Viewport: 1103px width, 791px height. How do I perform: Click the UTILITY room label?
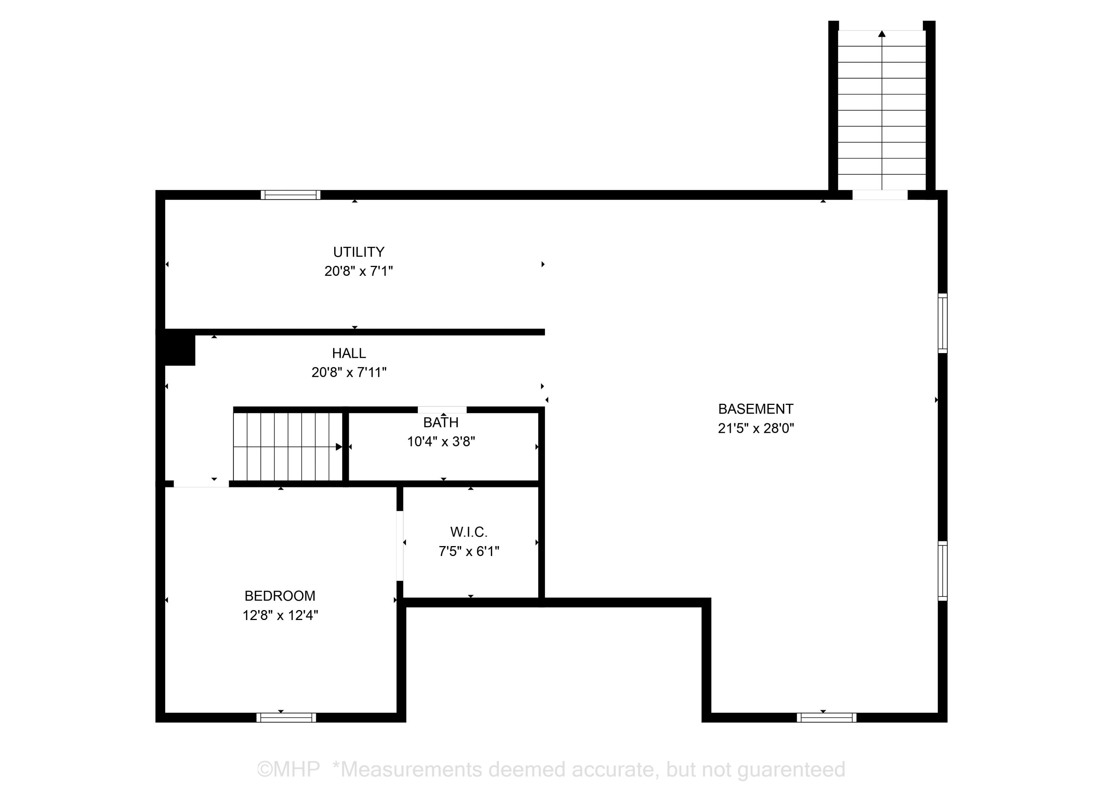coord(358,252)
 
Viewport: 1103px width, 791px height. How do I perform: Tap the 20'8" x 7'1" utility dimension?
coord(358,271)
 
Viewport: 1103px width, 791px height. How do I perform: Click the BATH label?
coord(440,422)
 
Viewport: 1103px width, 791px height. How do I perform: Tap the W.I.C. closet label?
coord(469,532)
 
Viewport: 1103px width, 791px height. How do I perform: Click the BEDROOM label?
coord(280,596)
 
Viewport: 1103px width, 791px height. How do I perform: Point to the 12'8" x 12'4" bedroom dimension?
coord(280,615)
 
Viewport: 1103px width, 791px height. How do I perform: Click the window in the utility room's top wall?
coord(290,195)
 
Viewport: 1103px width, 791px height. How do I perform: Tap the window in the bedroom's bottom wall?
coord(286,717)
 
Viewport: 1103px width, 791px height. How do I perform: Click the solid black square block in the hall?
coord(180,348)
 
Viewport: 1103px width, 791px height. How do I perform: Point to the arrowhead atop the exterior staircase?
coord(882,33)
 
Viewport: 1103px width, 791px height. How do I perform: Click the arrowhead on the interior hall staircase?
coord(339,446)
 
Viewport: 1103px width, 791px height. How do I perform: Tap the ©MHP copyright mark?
coord(288,770)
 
